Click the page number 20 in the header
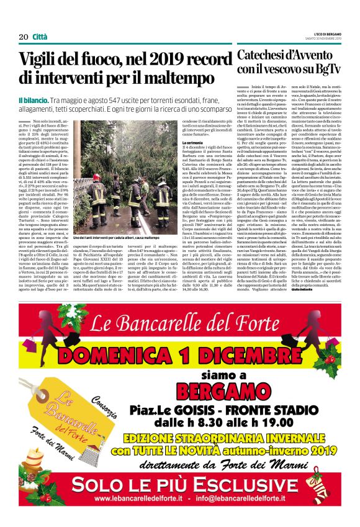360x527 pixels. click(23, 37)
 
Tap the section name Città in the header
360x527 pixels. click(40, 37)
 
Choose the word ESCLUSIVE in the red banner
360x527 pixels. click(251, 482)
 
